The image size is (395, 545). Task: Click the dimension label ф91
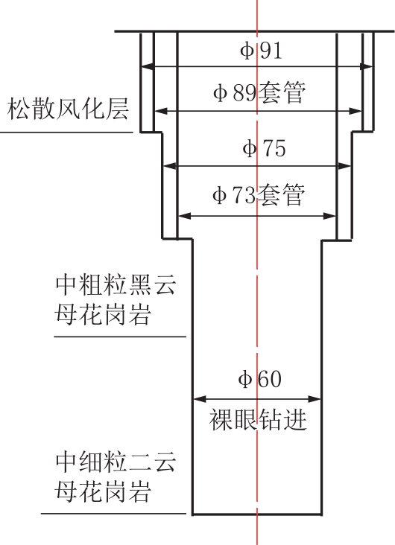261,51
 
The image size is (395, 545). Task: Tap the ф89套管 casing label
259,92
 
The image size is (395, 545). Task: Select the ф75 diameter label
264,148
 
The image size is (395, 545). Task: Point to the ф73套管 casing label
259,194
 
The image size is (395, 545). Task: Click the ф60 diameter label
259,379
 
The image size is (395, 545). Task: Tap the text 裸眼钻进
258,420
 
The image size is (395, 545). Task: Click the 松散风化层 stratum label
68,109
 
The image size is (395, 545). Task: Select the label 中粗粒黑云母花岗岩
116,299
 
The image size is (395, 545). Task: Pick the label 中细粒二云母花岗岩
116,477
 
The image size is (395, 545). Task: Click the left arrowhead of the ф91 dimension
148,66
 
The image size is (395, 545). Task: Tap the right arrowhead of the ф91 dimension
367,66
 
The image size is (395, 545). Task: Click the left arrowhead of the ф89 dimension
160,111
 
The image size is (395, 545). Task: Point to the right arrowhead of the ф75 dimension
344,166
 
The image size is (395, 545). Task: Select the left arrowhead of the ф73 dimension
185,216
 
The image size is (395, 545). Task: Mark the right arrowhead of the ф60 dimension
314,399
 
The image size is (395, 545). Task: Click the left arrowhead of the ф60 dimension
200,399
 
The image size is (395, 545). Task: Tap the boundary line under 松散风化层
66,132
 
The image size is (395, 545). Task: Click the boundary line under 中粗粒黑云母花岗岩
120,337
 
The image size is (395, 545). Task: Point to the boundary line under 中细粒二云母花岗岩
113,514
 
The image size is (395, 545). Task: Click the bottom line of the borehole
257,514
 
